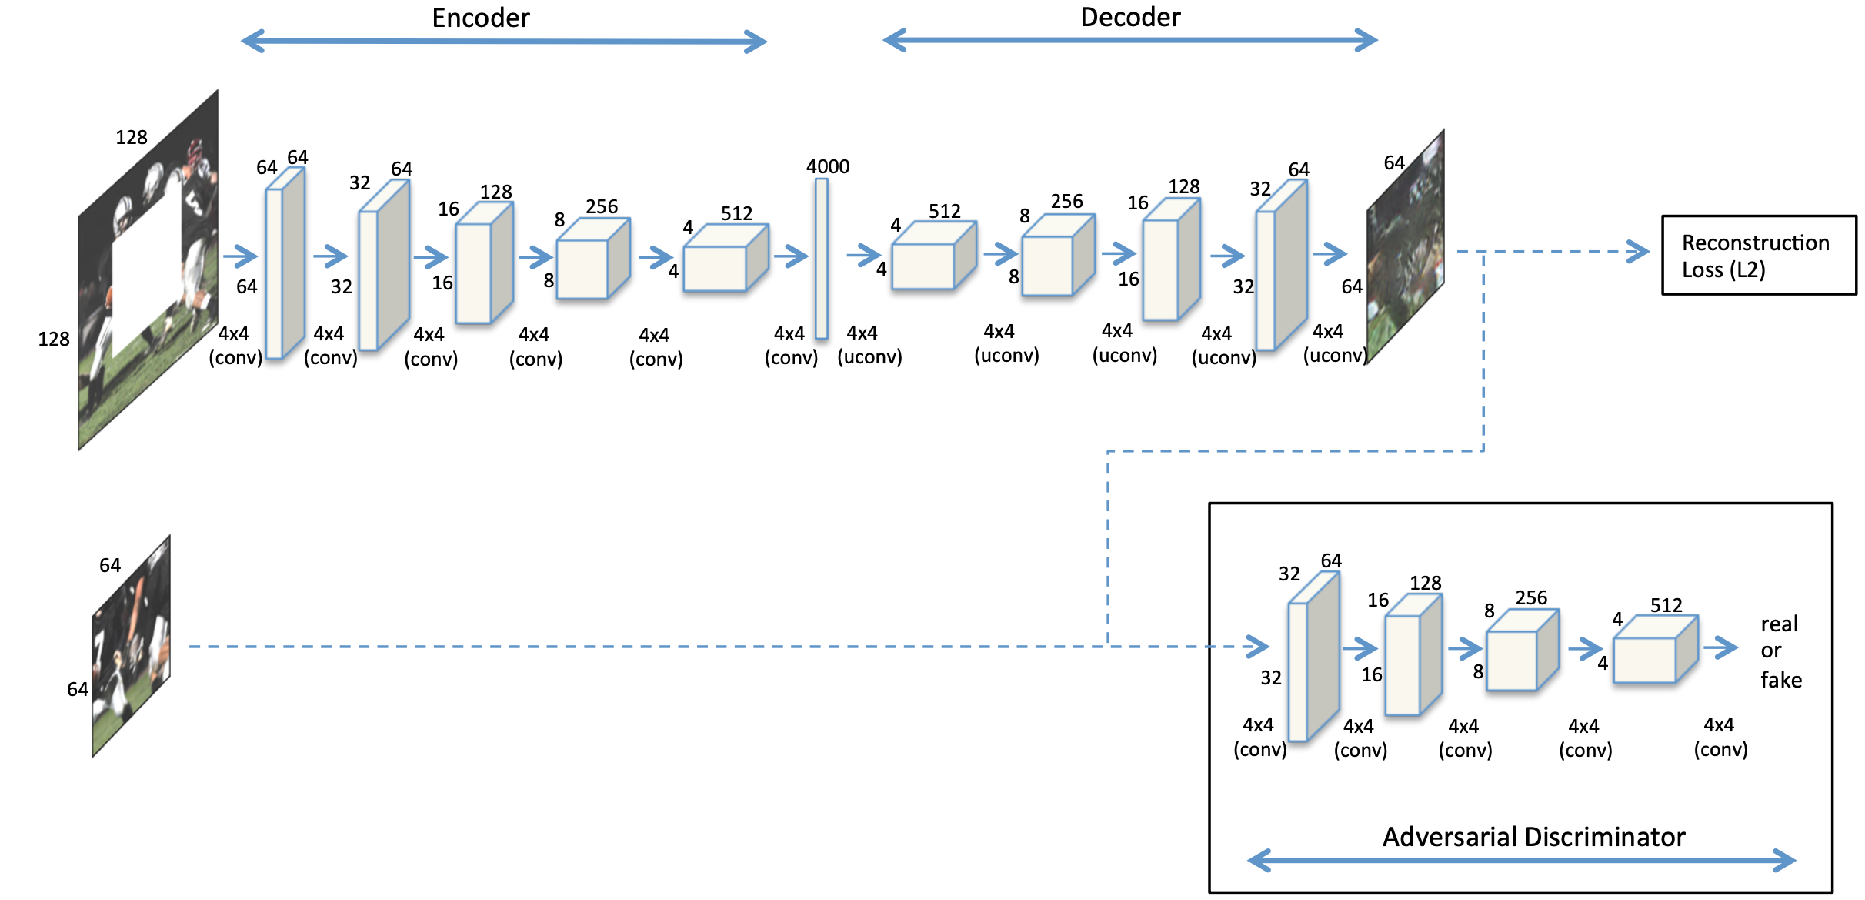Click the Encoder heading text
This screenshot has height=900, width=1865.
click(x=481, y=18)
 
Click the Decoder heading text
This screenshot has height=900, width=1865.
click(x=1130, y=17)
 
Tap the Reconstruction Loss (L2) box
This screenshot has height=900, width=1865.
click(x=1758, y=255)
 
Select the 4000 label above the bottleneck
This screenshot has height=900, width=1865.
click(x=828, y=166)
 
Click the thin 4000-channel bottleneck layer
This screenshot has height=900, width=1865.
click(x=822, y=258)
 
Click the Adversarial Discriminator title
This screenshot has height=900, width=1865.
click(x=1533, y=837)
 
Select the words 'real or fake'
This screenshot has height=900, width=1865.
click(x=1780, y=651)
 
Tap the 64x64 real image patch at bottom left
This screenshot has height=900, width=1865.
click(x=131, y=647)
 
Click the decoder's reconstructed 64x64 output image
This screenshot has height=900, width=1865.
click(x=1405, y=246)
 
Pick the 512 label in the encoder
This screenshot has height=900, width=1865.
click(x=736, y=213)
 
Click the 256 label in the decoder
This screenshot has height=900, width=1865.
click(x=1066, y=202)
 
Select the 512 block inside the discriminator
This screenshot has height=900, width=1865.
click(x=1654, y=651)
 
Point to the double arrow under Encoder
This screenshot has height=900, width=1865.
click(x=504, y=42)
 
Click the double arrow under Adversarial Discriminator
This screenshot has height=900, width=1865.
click(x=1521, y=860)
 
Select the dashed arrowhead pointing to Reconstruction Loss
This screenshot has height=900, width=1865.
click(x=1639, y=252)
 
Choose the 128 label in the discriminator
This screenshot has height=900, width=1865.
click(x=1425, y=583)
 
